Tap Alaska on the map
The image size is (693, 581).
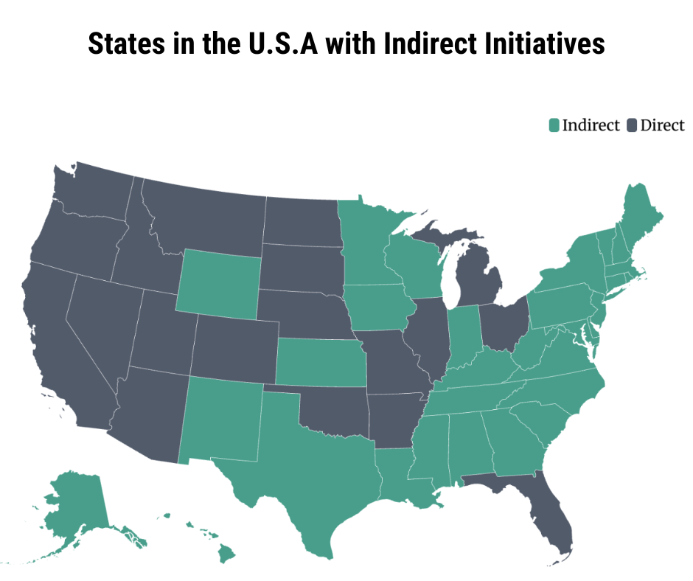(74, 509)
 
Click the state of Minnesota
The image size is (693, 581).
(365, 243)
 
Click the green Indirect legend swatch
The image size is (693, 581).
(554, 125)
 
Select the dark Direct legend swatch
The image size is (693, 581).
(632, 125)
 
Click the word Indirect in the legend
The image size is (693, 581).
(591, 125)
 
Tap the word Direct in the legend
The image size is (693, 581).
(662, 125)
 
